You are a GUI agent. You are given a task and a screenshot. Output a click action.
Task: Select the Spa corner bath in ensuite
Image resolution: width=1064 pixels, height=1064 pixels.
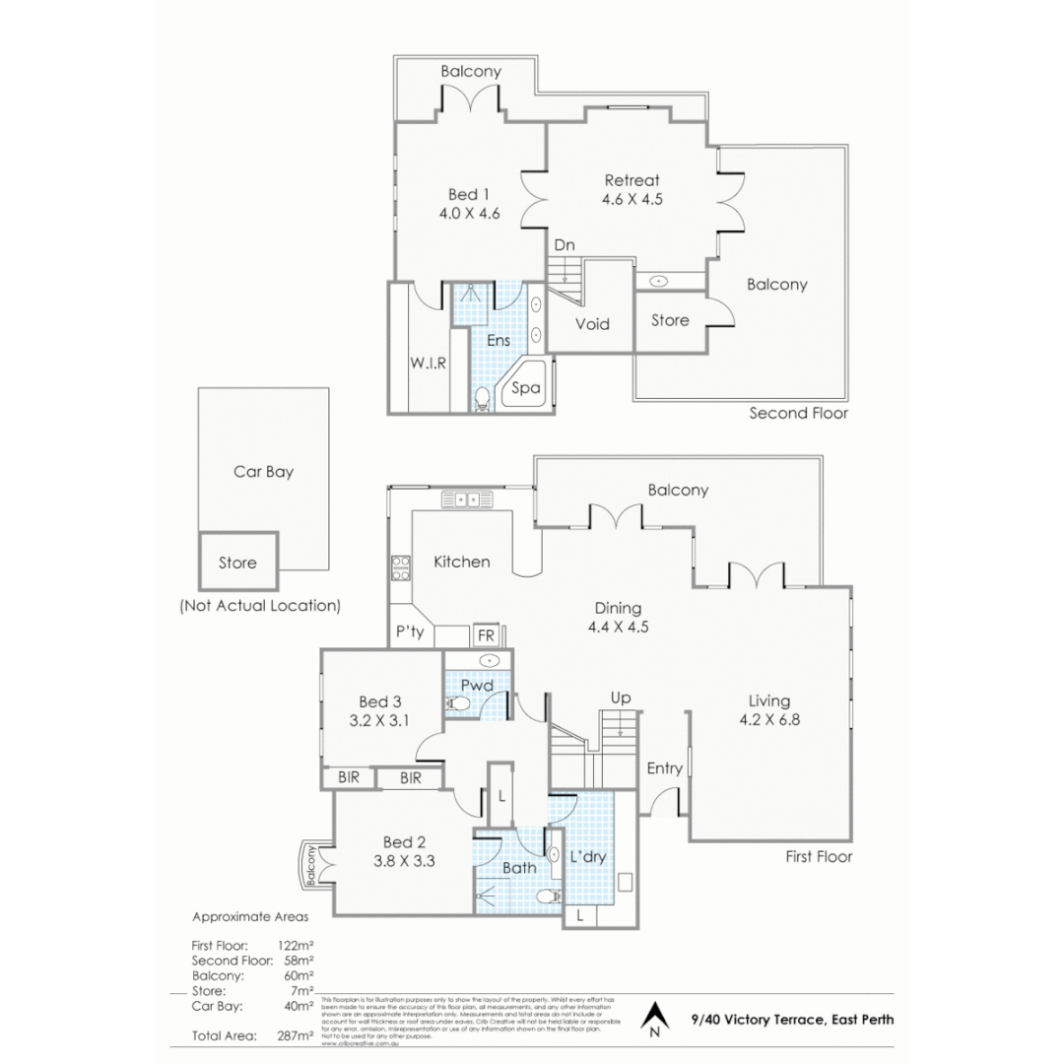tap(525, 388)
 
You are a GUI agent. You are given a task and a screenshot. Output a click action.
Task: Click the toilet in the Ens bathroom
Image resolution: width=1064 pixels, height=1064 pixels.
tap(483, 399)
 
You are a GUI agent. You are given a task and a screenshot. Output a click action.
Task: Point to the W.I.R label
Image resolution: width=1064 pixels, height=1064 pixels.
tap(428, 363)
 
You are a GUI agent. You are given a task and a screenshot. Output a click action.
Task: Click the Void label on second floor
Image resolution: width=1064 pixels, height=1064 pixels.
tap(592, 324)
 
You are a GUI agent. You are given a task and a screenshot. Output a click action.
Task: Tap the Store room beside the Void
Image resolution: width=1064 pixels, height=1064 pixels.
tap(670, 320)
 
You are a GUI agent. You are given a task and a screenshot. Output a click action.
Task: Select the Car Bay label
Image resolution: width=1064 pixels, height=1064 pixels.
tap(263, 472)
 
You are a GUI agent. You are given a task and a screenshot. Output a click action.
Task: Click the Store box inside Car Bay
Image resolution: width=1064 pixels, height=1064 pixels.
tap(237, 564)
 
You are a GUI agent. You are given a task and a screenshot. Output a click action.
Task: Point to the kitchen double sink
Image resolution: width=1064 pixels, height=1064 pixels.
tap(467, 499)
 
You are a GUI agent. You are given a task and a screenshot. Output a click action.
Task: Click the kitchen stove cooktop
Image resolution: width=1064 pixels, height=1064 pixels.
tap(401, 568)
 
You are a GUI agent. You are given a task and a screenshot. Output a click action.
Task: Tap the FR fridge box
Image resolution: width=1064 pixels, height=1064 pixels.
tap(486, 635)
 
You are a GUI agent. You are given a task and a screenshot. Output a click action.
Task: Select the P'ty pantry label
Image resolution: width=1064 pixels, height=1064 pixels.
tap(410, 632)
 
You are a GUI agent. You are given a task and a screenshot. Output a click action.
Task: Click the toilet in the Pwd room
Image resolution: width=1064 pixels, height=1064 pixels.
tap(458, 703)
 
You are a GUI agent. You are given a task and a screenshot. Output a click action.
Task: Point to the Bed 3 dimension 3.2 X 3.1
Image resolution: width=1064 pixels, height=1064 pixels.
tap(379, 719)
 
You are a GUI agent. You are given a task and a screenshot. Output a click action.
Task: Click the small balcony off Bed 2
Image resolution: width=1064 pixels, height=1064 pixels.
tap(311, 865)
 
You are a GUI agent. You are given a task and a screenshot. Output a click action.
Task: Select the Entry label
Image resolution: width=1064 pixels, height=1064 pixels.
tap(664, 768)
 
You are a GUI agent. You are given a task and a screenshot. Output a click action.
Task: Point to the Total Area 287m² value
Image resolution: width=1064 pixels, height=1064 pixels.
tap(296, 1035)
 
